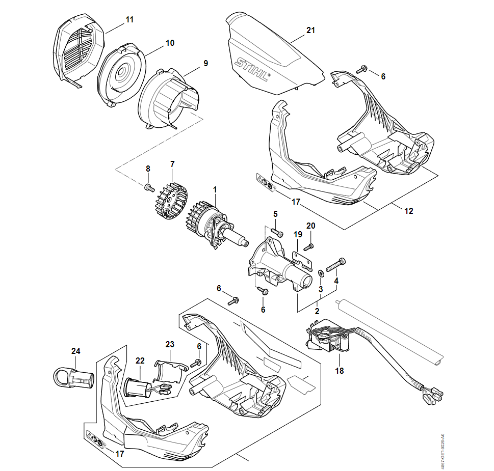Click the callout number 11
click(129, 20)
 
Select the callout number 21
click(310, 31)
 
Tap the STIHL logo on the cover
click(252, 71)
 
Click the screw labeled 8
click(149, 187)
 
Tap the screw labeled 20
click(308, 247)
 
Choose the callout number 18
click(340, 371)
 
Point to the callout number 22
click(140, 361)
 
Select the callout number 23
click(170, 344)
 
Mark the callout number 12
click(409, 211)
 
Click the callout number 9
click(205, 64)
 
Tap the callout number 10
click(170, 43)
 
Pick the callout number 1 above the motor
click(215, 189)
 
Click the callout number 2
click(317, 311)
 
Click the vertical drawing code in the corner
click(443, 451)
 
